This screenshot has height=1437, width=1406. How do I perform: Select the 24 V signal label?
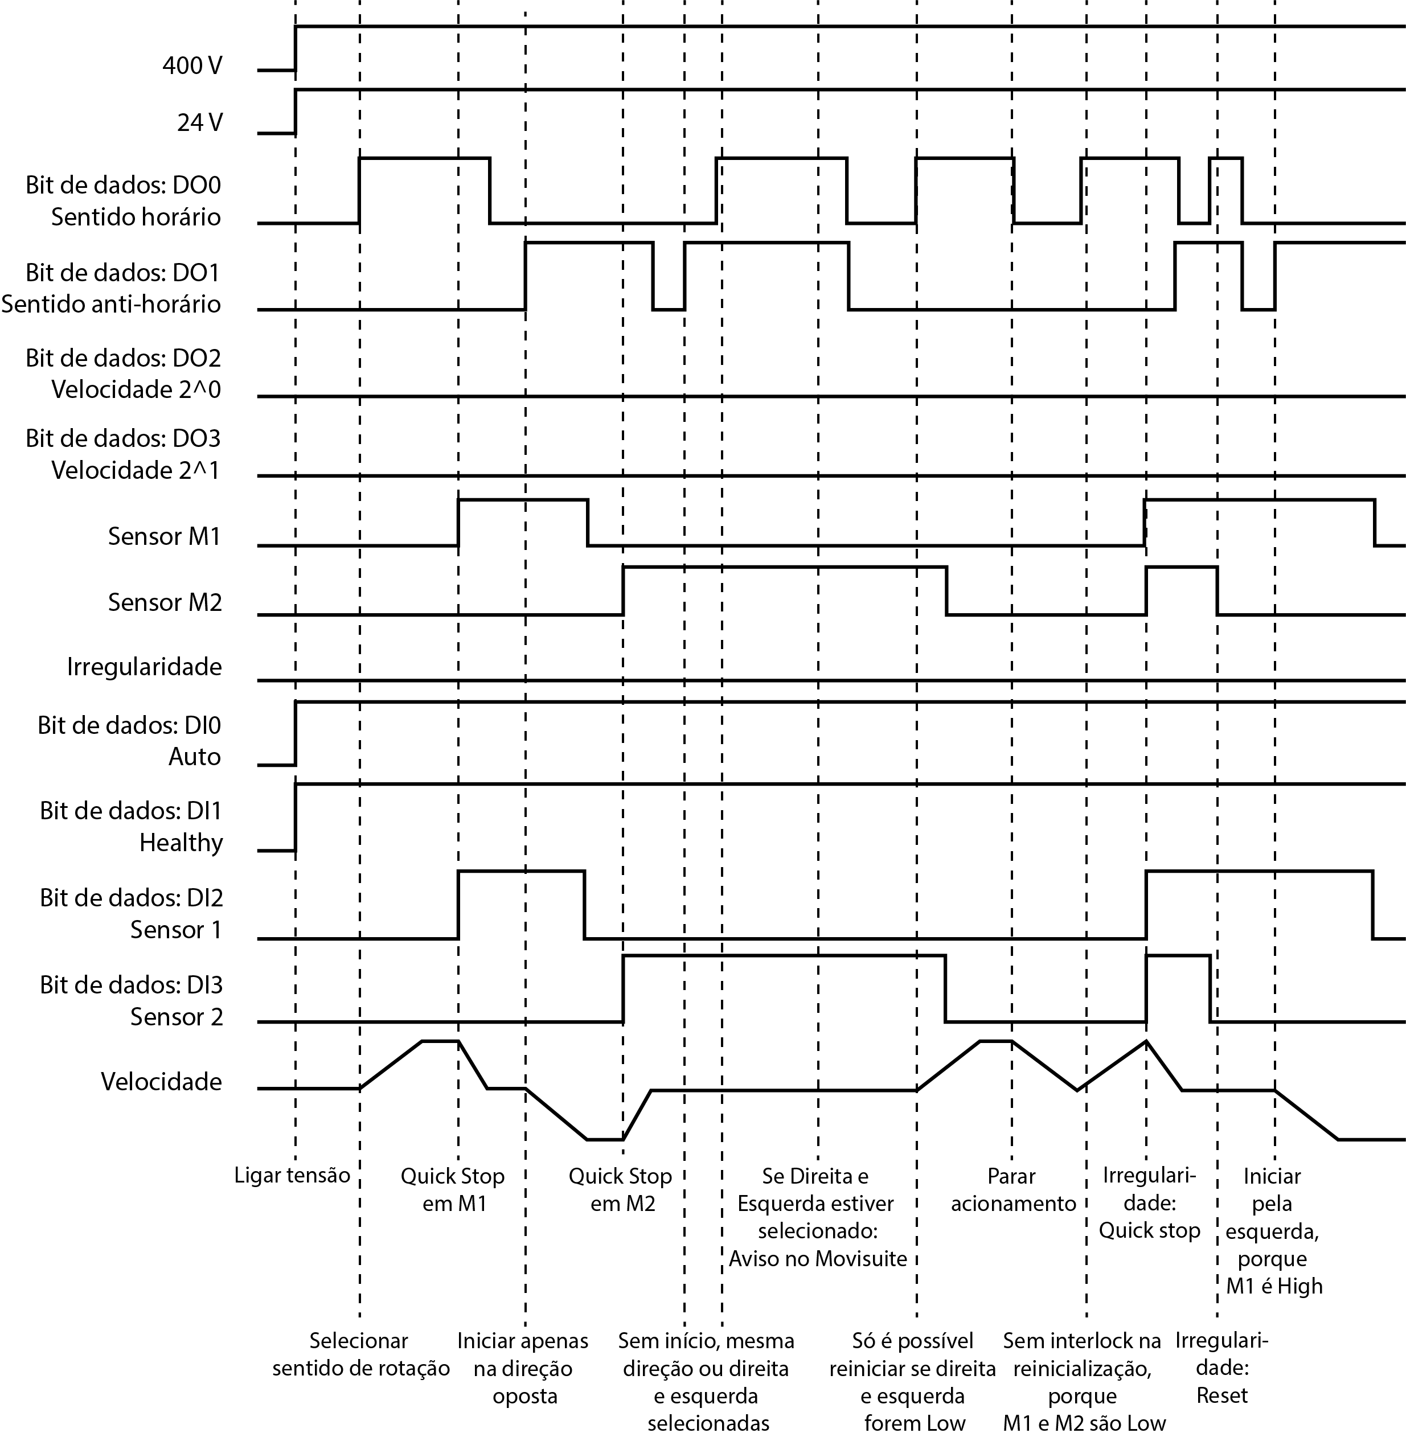(199, 122)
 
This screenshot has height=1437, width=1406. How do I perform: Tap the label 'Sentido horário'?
(136, 217)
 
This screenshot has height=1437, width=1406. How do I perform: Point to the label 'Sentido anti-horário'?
(111, 304)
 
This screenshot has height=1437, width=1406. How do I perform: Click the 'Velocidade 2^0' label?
(136, 389)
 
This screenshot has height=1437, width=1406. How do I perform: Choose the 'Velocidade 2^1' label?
(136, 470)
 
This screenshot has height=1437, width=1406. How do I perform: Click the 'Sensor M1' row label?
(164, 536)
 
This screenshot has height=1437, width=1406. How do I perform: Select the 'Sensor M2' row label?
(164, 602)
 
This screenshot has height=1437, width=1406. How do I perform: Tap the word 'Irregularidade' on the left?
(144, 667)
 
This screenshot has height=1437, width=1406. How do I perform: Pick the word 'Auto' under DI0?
(194, 757)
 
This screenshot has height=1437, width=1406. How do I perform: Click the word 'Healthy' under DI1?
(181, 843)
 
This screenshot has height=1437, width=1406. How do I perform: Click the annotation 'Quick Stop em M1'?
(453, 1189)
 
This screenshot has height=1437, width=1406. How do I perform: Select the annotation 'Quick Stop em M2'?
(620, 1189)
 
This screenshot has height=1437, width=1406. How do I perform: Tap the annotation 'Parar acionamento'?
(1013, 1189)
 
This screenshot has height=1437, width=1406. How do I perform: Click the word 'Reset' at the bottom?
(1222, 1395)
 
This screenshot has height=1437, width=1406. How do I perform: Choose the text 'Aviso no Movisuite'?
(817, 1258)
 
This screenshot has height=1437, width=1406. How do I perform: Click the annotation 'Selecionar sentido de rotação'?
(360, 1354)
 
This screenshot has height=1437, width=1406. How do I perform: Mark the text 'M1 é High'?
(1274, 1286)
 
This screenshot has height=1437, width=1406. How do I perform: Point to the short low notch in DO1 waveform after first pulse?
(669, 309)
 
